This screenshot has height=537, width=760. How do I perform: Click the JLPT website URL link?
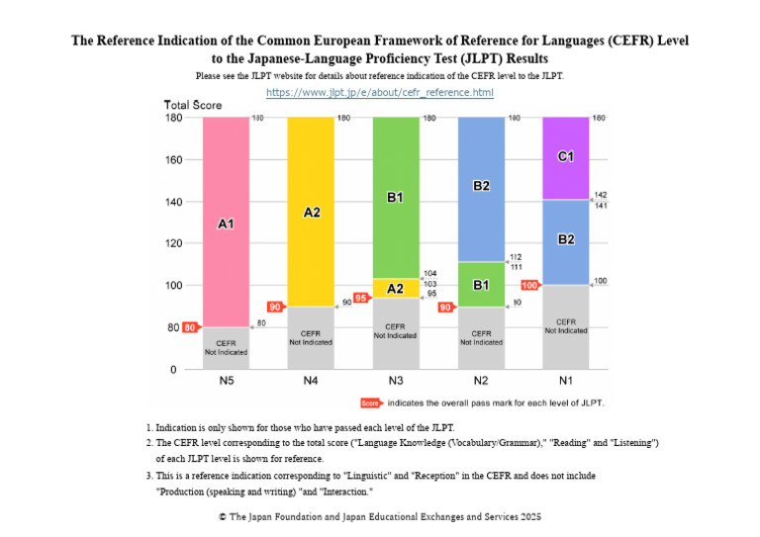380,92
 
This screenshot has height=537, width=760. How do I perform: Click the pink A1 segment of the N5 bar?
226,223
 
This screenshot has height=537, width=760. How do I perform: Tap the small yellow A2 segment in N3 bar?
396,288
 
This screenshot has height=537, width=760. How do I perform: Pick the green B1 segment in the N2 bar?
481,285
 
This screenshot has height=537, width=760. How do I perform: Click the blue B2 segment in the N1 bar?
566,241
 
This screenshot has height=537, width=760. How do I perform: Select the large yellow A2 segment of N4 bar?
311,212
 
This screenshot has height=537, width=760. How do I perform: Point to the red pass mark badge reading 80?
190,327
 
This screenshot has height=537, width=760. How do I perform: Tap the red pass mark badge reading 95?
360,297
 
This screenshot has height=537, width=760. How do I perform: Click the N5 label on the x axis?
226,381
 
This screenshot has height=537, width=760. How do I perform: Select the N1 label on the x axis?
566,381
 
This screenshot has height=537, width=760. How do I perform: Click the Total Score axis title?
193,105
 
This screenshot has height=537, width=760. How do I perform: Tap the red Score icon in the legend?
370,403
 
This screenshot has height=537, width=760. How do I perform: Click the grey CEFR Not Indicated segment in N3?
396,331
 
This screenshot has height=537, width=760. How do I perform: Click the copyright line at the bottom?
380,516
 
